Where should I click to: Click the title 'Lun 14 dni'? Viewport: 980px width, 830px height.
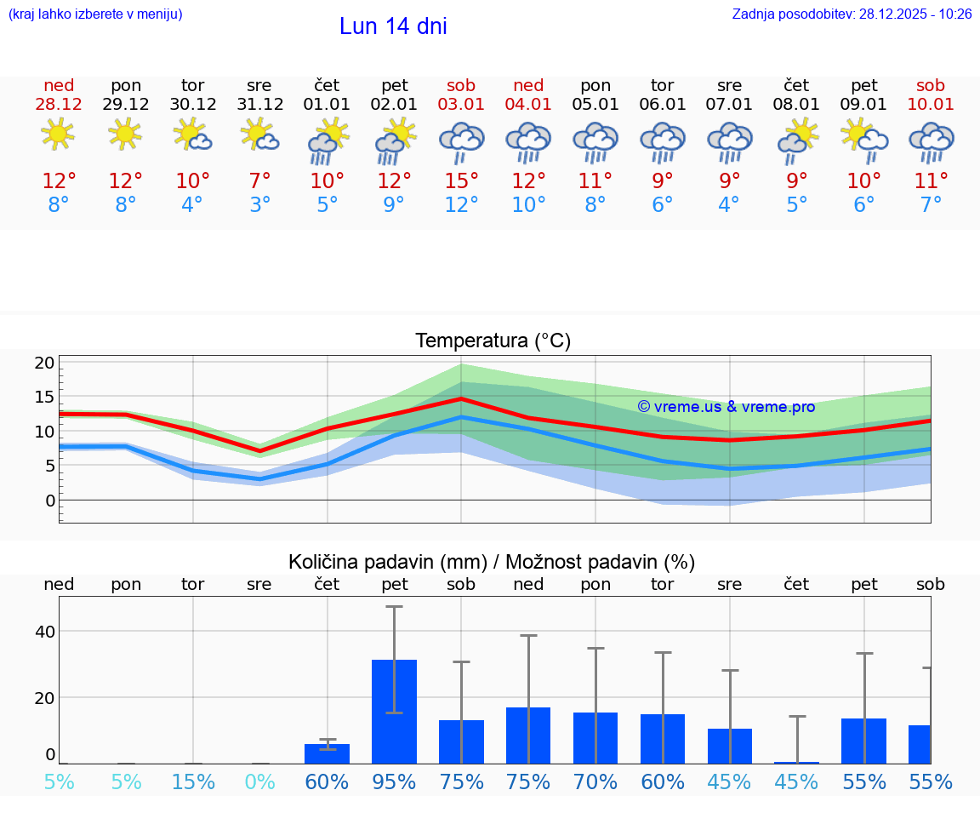tap(393, 26)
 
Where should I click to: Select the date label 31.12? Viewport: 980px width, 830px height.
tap(259, 105)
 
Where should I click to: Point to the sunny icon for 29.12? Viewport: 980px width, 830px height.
tap(126, 134)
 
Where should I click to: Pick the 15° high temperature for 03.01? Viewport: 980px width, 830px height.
tap(461, 181)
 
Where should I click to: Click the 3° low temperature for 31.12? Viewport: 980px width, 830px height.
tap(259, 204)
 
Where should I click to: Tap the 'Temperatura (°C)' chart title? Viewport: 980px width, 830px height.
tap(493, 341)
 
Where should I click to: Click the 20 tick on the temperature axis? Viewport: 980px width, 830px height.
tap(44, 363)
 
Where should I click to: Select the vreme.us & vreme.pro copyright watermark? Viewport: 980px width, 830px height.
tap(726, 407)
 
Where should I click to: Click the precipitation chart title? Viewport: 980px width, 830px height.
tap(492, 562)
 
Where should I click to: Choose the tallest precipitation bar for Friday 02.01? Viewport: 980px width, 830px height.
tap(395, 712)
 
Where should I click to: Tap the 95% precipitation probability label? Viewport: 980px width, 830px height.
tap(394, 782)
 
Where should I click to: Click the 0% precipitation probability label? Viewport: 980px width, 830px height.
tap(259, 782)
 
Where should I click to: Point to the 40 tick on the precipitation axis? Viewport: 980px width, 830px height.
tap(44, 632)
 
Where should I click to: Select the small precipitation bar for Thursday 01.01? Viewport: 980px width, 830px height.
tap(328, 753)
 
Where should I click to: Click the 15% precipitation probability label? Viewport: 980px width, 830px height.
tap(193, 782)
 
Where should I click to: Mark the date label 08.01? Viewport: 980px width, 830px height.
tap(797, 105)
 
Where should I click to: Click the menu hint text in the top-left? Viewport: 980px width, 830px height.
tap(95, 14)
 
